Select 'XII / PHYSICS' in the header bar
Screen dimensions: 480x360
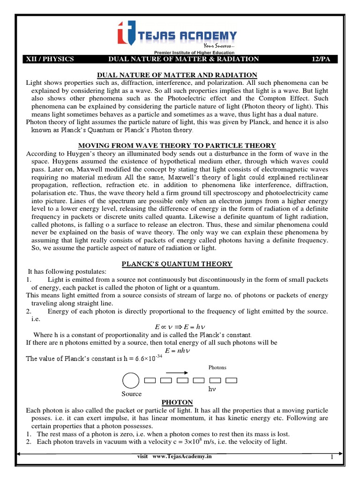49,59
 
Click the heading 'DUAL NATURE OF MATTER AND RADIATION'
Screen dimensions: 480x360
177,75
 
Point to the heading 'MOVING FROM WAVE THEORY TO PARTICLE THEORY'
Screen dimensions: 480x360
177,145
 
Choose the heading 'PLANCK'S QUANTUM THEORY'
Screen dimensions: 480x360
177,264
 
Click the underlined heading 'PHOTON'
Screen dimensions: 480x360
177,402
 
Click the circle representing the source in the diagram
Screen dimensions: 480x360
131,380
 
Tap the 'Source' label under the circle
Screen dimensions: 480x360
131,394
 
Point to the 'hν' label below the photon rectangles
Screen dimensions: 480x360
211,390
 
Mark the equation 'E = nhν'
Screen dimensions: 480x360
177,351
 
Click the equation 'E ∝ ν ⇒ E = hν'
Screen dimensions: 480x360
177,327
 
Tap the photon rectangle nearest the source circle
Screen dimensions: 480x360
150,380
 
